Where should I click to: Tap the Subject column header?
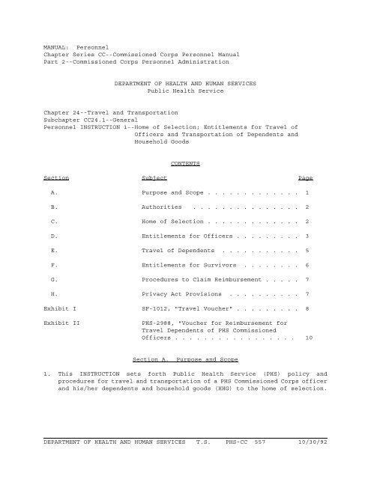[x=154, y=177]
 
